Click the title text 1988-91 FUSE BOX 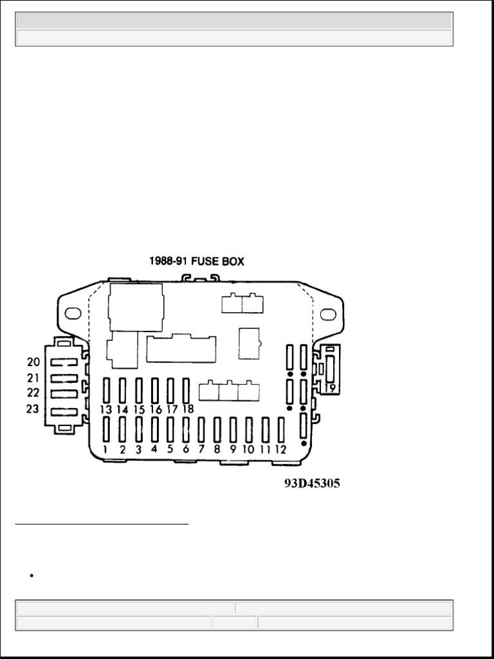coord(197,261)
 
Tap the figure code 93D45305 coord(312,484)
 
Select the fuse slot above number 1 coord(106,429)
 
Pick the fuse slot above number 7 coord(201,429)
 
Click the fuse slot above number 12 coord(281,429)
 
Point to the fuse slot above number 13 coord(106,391)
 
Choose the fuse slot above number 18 coord(186,391)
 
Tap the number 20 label coord(33,362)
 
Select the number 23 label coord(33,409)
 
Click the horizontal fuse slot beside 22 coord(64,394)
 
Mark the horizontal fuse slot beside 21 coord(64,378)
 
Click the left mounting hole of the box coord(73,313)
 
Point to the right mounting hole coord(328,314)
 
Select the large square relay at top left coord(136,307)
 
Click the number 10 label coord(248,449)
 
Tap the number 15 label coord(139,409)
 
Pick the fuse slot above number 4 coord(154,429)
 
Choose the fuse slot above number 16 coord(154,391)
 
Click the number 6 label coord(186,449)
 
